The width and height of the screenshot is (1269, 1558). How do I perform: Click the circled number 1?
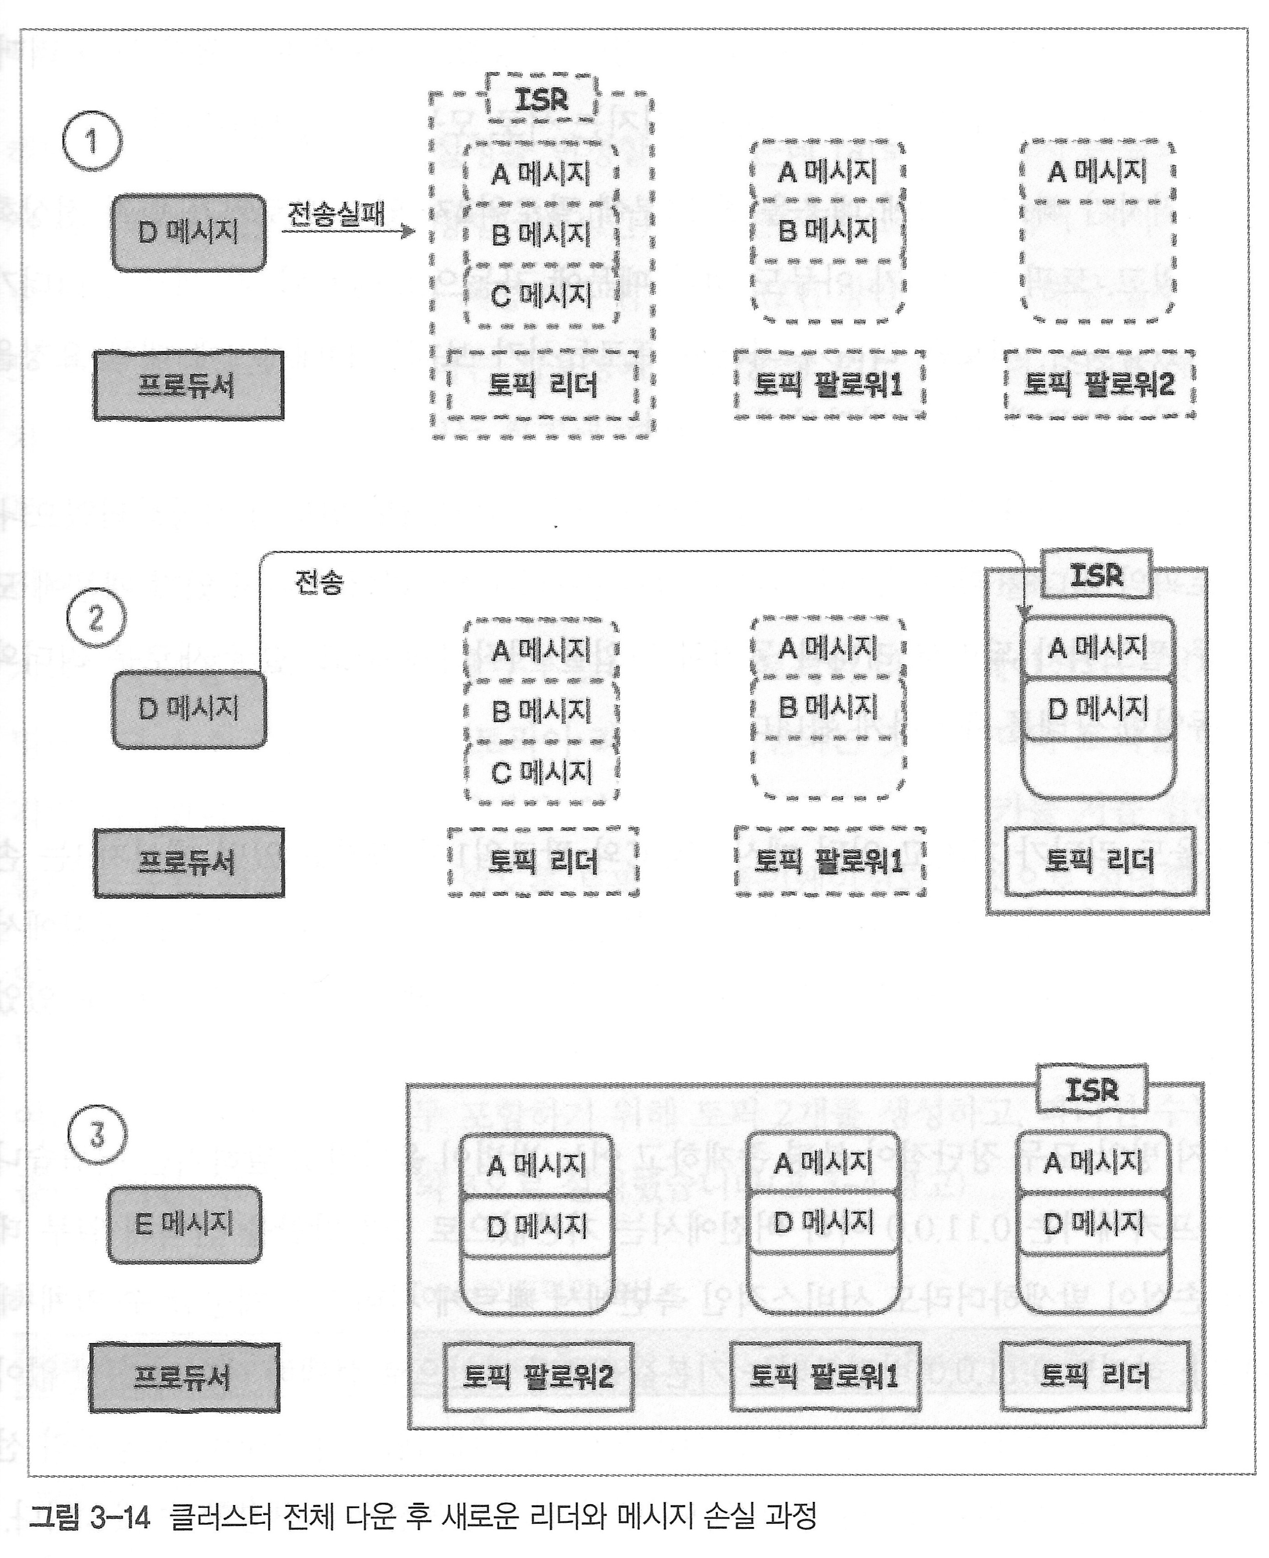[x=92, y=141]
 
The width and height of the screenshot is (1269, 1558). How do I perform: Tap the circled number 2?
[x=96, y=618]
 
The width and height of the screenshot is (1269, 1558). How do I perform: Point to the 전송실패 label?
[x=335, y=214]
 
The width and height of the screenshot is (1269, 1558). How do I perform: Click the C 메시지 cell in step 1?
[x=541, y=295]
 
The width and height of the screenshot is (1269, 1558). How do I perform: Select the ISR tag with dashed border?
[x=541, y=99]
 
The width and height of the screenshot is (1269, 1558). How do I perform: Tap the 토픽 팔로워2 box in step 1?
[x=1099, y=384]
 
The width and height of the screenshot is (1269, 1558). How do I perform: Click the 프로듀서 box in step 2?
[x=188, y=863]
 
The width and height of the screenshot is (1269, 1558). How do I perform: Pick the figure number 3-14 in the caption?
[x=120, y=1517]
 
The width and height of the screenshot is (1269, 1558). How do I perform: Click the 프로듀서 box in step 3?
[x=184, y=1377]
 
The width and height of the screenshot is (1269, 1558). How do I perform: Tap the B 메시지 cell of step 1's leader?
[x=541, y=234]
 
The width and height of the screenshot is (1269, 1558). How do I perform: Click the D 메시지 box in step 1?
[x=188, y=232]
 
